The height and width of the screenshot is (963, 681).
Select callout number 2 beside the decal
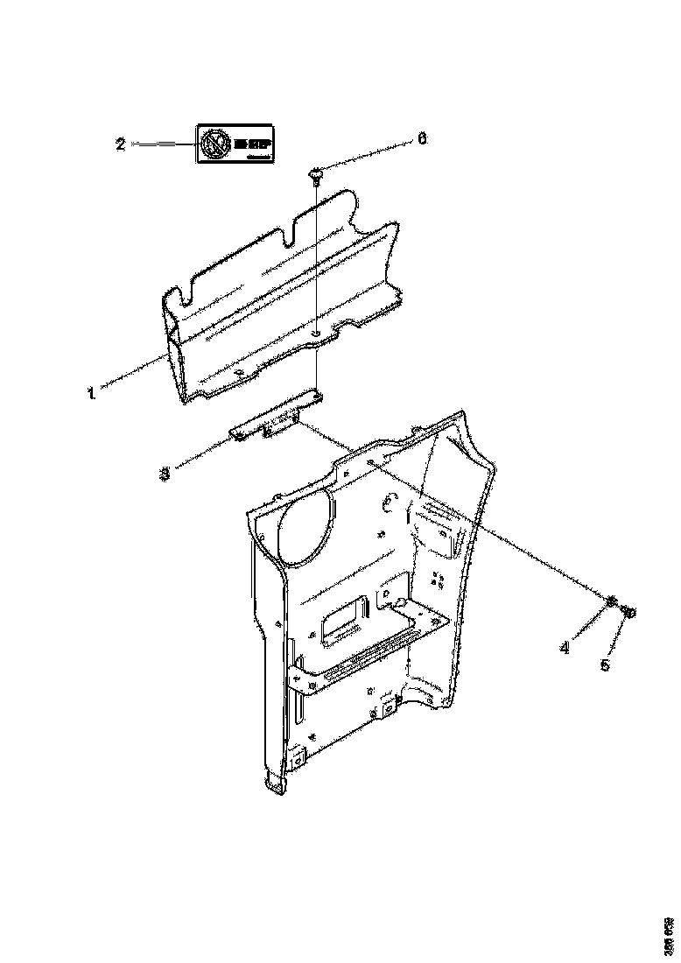coord(121,144)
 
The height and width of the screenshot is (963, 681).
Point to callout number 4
coord(565,649)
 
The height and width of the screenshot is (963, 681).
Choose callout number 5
coord(604,665)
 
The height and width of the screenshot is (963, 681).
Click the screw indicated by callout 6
coord(315,176)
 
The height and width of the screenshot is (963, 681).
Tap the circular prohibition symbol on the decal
coord(213,144)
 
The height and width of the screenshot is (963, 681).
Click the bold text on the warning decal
coord(250,139)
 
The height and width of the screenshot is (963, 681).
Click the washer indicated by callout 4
coord(612,601)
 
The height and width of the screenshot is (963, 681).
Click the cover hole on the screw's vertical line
coord(315,333)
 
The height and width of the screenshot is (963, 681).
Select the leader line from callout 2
coord(161,144)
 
